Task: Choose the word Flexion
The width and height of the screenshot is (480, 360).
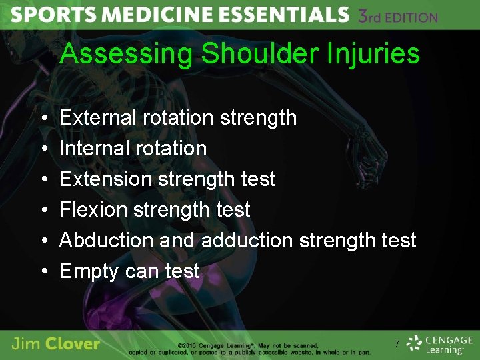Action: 94,209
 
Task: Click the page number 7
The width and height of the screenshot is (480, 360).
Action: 396,345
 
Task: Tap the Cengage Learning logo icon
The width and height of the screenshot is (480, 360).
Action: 415,343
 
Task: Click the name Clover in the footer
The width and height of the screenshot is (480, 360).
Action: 74,345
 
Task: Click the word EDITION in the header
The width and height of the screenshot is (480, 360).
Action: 412,17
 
